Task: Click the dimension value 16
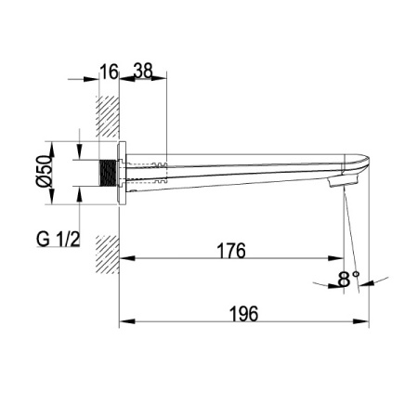pos(109,72)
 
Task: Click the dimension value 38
pos(143,71)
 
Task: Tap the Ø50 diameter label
pos(44,171)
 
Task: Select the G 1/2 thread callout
pos(59,239)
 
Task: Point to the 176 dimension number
pos(231,251)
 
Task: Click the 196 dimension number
pos(243,314)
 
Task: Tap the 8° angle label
pos(348,279)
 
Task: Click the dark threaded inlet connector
pos(108,173)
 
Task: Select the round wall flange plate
pos(122,173)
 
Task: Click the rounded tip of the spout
pos(366,161)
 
